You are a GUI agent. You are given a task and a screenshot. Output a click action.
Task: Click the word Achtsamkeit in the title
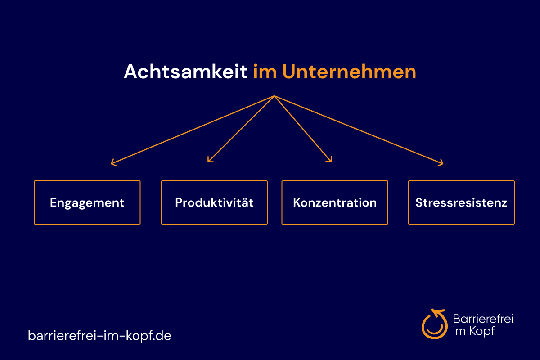click(185, 72)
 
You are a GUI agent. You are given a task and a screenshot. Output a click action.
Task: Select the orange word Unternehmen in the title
click(349, 72)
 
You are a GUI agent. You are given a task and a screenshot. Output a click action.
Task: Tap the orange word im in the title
click(265, 72)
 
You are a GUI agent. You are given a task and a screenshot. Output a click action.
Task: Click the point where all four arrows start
click(274, 96)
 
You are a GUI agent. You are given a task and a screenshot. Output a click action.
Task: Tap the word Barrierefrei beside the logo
click(483, 319)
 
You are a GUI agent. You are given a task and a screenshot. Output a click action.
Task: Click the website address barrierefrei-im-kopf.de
click(99, 335)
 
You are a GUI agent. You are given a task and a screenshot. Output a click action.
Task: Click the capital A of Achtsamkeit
click(131, 72)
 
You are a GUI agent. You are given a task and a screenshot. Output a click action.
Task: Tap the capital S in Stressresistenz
click(419, 202)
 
